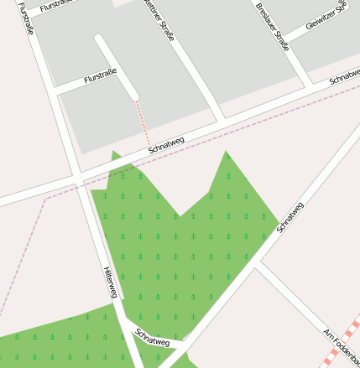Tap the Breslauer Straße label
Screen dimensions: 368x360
click(273, 25)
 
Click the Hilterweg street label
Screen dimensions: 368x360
click(110, 282)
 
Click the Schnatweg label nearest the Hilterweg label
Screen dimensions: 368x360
click(153, 338)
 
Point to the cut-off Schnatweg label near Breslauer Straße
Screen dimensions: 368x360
click(344, 76)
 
